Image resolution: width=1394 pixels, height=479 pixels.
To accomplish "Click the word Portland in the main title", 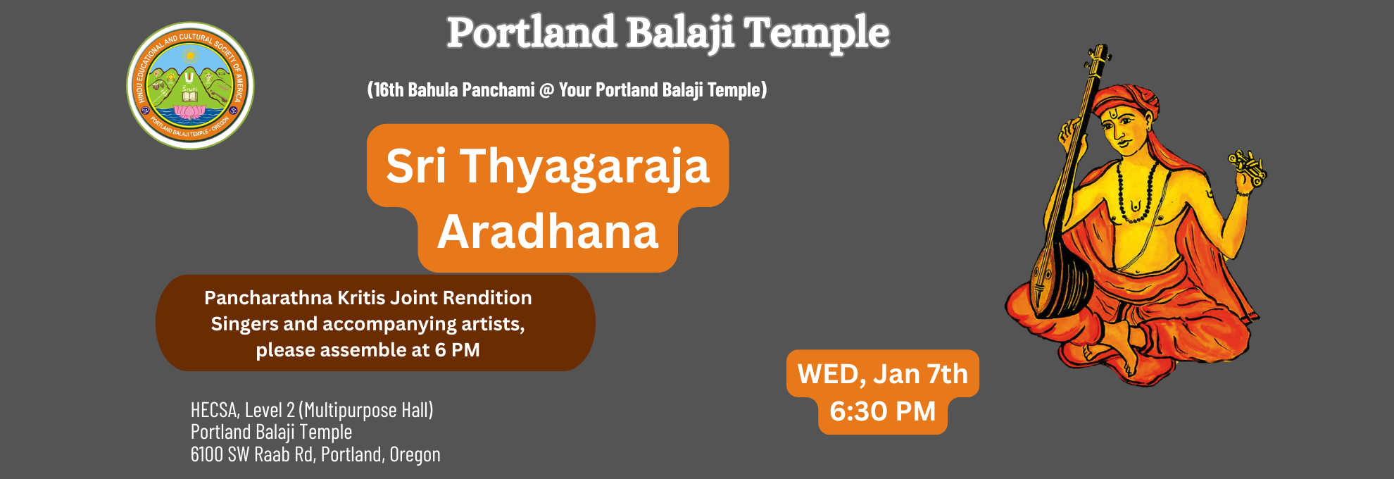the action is point(532,32).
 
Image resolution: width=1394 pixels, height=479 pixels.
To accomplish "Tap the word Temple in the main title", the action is point(817,34).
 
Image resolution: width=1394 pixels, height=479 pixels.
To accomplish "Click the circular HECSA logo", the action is point(190,85).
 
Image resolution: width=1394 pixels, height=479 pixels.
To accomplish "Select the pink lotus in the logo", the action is point(188,111).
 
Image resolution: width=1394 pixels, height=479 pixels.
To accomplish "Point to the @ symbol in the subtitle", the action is point(547,90).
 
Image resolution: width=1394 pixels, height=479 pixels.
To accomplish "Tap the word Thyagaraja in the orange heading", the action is point(585,168).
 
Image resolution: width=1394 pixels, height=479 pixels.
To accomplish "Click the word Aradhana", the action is point(548,232).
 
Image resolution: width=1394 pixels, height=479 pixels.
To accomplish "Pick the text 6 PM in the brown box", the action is point(458,350).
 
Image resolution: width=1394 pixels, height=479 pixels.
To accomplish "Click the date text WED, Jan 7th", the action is point(883,374).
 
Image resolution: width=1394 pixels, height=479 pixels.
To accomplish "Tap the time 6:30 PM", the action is point(883,411).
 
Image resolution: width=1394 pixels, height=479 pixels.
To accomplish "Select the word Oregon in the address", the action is point(415,455).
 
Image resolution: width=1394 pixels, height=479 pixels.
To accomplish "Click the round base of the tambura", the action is point(1054,285).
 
